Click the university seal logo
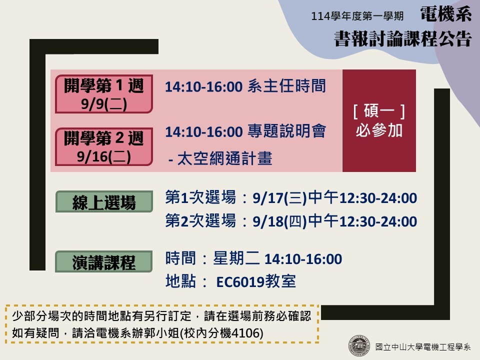click(359, 346)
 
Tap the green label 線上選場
click(104, 201)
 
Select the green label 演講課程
click(104, 261)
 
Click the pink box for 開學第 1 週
click(104, 93)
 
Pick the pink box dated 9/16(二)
click(104, 147)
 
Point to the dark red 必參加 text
click(379, 130)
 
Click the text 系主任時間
click(286, 85)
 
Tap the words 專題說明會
click(286, 131)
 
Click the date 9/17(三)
click(279, 198)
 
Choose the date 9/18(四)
click(279, 221)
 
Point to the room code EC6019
click(240, 282)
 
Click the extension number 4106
click(245, 333)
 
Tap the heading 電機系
click(445, 14)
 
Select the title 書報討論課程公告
click(402, 39)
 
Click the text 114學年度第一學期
click(357, 16)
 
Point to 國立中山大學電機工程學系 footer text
click(423, 347)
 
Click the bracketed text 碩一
click(379, 111)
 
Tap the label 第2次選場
click(200, 220)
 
